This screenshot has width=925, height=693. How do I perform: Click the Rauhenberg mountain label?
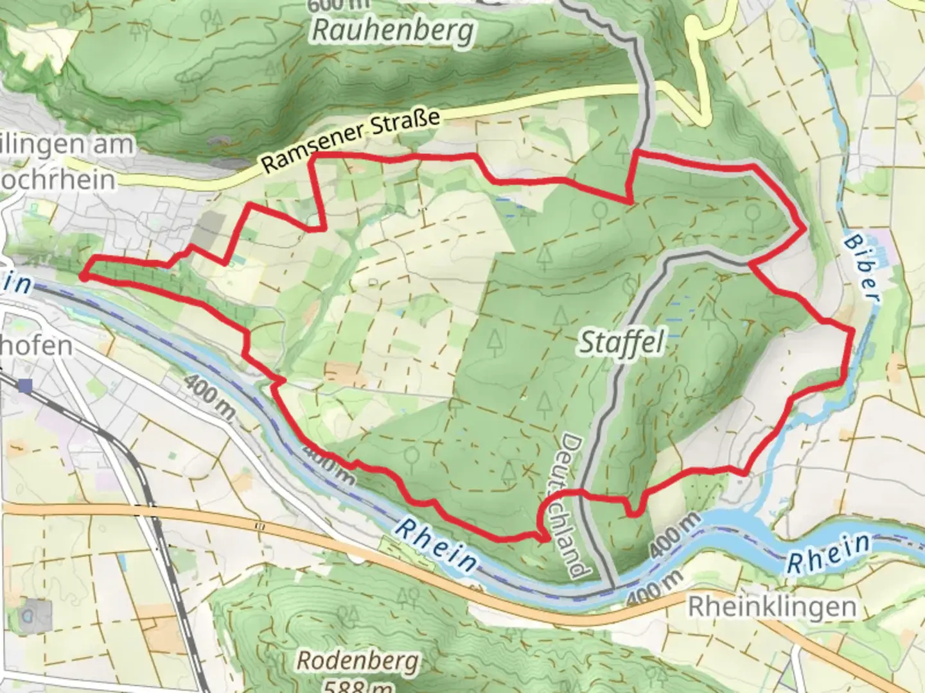click(x=392, y=31)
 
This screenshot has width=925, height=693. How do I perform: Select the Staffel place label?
click(x=621, y=343)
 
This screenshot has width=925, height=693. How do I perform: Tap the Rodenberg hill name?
click(x=358, y=661)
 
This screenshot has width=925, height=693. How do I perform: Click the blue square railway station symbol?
click(x=26, y=386)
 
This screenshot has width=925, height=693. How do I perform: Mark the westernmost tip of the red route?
click(x=83, y=277)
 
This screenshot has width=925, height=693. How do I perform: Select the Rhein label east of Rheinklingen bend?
click(x=829, y=553)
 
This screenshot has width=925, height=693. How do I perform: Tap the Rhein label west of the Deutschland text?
click(x=436, y=545)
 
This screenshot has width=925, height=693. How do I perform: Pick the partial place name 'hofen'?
click(x=36, y=346)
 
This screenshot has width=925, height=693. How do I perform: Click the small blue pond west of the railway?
click(x=123, y=563)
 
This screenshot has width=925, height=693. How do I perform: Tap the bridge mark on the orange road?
click(x=260, y=526)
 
